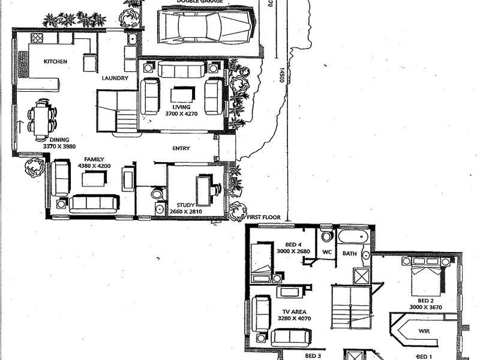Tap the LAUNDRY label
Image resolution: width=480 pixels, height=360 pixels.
point(114,78)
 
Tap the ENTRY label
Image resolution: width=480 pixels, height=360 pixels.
point(181,149)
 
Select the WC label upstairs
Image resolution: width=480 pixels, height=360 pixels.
point(328,253)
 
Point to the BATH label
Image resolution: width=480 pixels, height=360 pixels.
point(350,254)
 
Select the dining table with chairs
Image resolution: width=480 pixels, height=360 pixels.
point(41,119)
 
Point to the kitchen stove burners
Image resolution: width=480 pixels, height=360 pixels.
point(37,38)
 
